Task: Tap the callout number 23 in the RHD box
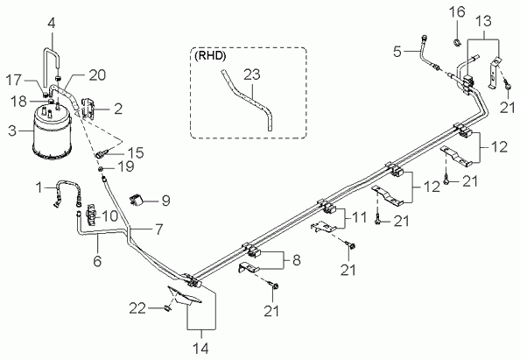coord(252,74)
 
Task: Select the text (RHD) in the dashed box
coord(210,56)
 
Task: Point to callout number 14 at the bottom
coord(201,349)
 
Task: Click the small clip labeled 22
coord(167,308)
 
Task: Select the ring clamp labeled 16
coord(457,42)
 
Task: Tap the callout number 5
coord(397,52)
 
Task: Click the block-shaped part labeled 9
coord(136,201)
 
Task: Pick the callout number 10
coord(109,216)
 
